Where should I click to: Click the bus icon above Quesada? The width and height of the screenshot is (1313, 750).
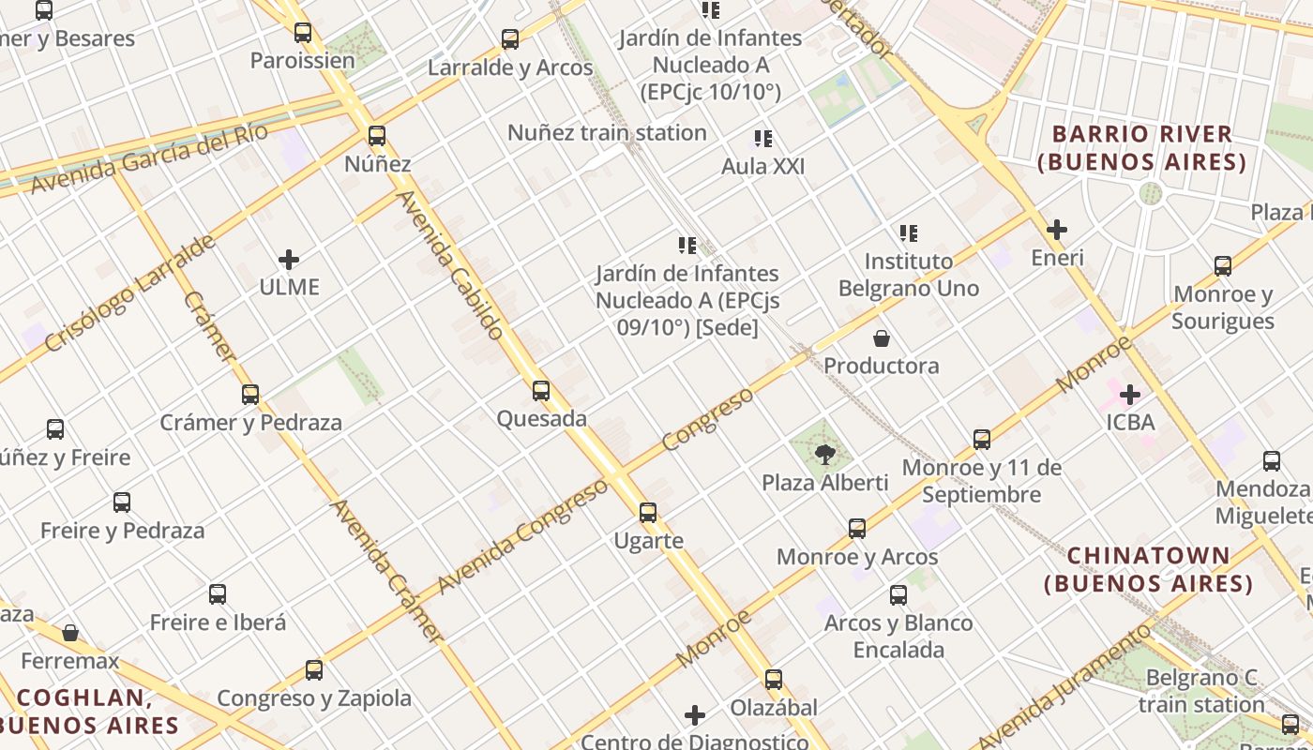pos(541,390)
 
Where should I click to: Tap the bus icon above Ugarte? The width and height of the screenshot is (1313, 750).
pos(648,513)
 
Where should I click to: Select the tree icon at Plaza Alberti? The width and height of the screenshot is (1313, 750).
pos(825,455)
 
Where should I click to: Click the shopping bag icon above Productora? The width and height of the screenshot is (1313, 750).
pos(882,337)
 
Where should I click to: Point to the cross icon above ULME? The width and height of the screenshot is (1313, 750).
pos(289,259)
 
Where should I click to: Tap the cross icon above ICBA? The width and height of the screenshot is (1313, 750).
pos(1130,394)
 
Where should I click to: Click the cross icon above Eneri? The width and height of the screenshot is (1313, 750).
pos(1057,230)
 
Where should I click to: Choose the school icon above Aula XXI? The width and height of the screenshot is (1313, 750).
pos(763,139)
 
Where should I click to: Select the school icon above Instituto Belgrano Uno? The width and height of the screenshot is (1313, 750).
pos(908,232)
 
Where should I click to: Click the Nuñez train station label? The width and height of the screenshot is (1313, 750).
pos(607,133)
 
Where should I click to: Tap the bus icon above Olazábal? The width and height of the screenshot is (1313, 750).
pos(774,680)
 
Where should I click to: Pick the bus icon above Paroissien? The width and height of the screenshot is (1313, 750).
pos(303,33)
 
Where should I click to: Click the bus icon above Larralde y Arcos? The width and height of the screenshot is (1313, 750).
pos(510,39)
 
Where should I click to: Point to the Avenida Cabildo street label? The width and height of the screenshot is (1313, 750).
pos(451,264)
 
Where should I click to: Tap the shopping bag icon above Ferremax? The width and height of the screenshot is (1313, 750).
pos(70,633)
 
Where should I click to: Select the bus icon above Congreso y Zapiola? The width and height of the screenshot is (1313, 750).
pos(314,670)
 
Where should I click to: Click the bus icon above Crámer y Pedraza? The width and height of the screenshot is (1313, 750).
pos(250,394)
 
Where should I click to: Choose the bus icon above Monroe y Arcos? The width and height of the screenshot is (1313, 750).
pos(857,529)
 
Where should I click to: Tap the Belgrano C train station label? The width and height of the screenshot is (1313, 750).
pos(1204,691)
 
